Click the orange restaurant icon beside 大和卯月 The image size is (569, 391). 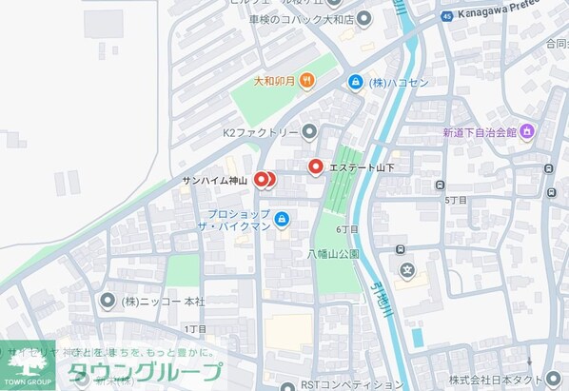(x=306, y=82)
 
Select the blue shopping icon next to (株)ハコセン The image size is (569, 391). (x=355, y=83)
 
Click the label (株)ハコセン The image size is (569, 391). (x=400, y=83)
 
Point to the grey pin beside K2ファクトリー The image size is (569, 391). (x=309, y=132)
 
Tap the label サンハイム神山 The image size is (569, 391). (x=215, y=180)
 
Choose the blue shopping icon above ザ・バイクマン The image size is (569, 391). (x=282, y=220)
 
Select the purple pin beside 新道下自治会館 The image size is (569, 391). (x=526, y=131)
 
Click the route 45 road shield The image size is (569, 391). (x=446, y=17)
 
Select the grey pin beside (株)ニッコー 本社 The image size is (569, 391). (x=107, y=301)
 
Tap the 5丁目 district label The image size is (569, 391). (x=456, y=201)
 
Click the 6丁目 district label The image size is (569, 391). (x=347, y=229)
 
